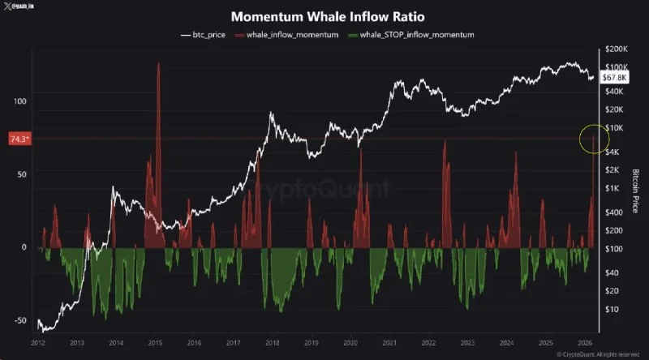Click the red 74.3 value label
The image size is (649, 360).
pos(19,139)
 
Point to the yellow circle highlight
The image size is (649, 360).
pos(594,139)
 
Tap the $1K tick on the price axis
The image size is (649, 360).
pos(613,188)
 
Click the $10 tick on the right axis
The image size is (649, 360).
pos(612,309)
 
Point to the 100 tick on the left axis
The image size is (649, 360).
pos(19,101)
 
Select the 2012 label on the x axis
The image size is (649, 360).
pos(38,343)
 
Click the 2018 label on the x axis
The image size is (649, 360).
pos(271,343)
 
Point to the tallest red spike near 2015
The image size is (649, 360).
pos(158,65)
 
